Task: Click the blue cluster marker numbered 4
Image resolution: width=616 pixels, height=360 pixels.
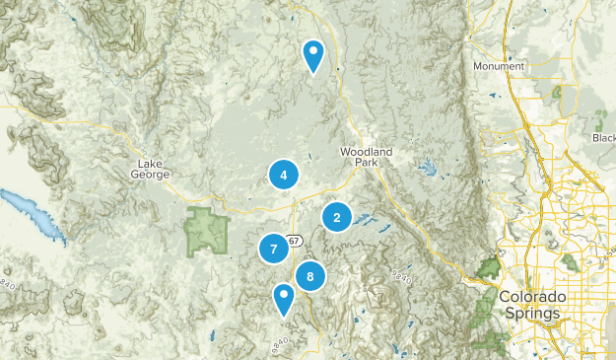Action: [283, 176]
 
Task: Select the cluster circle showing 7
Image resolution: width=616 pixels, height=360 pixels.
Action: [273, 250]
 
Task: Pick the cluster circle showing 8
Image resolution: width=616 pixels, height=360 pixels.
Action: [309, 276]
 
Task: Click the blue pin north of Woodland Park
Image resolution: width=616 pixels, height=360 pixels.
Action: [313, 55]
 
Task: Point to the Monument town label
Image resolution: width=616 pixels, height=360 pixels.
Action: [499, 66]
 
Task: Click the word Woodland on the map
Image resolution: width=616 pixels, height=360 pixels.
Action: [366, 151]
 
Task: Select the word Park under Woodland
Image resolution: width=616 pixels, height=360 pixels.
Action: [366, 163]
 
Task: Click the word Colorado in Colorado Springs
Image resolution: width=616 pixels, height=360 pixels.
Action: [531, 297]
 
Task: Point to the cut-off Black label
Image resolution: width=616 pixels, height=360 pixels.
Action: [603, 138]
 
